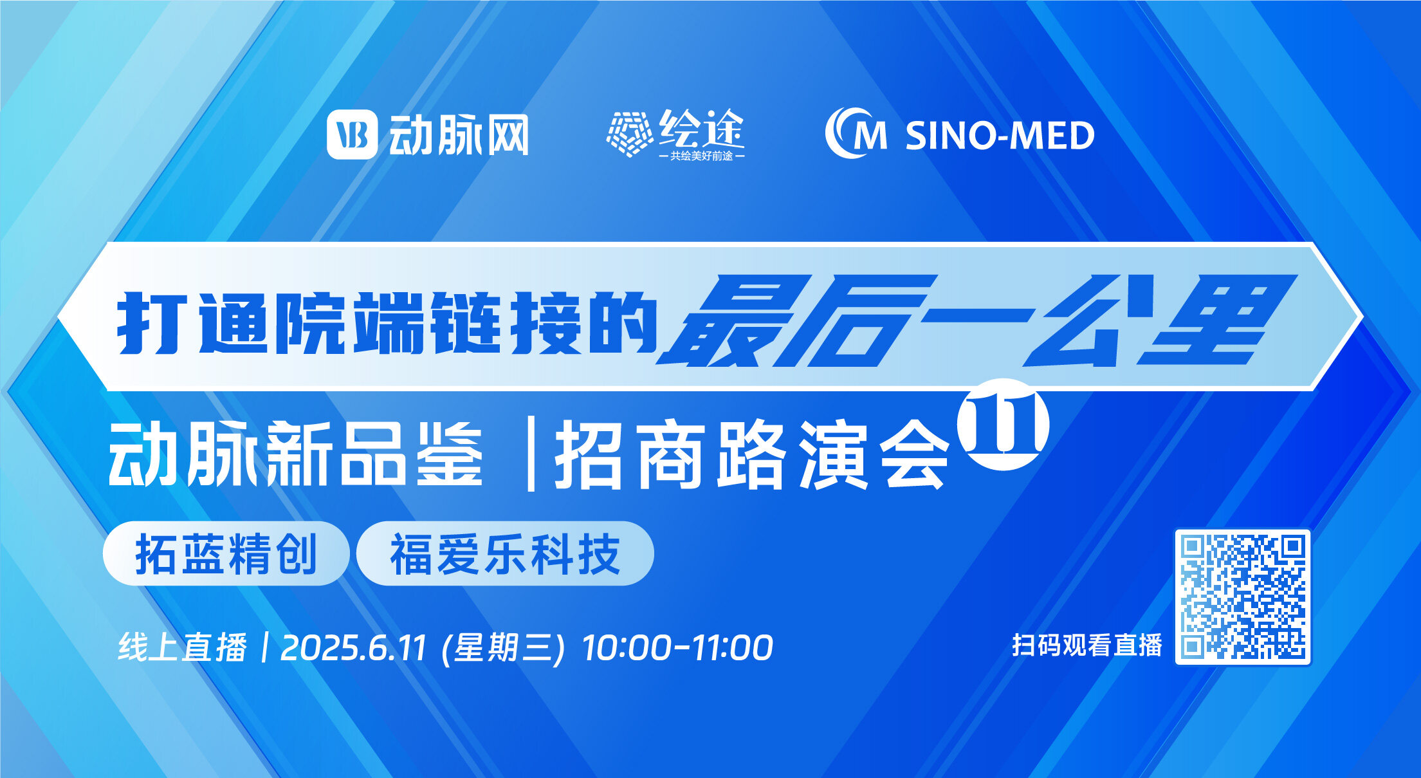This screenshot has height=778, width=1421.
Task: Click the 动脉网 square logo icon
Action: [352, 134]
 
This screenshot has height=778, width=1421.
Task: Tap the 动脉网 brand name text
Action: [459, 135]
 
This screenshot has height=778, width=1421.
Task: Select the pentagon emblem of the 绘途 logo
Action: [630, 134]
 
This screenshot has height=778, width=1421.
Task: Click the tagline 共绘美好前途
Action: [701, 156]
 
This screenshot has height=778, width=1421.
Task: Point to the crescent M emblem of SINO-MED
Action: [856, 133]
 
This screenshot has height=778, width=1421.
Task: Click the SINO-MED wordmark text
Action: [1000, 136]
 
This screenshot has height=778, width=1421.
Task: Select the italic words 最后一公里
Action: [976, 320]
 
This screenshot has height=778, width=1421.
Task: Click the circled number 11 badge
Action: [1003, 424]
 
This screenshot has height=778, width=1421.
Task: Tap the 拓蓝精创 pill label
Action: [226, 553]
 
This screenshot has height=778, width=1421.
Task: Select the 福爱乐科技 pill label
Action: [505, 553]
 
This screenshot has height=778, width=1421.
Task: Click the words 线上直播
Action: [183, 647]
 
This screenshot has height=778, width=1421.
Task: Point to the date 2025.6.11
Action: [353, 647]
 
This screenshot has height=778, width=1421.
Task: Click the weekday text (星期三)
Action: [504, 647]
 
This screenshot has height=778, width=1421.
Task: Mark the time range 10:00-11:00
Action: [677, 647]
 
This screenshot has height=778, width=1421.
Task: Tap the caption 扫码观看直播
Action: [1087, 645]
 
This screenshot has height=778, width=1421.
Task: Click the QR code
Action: [1243, 597]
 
